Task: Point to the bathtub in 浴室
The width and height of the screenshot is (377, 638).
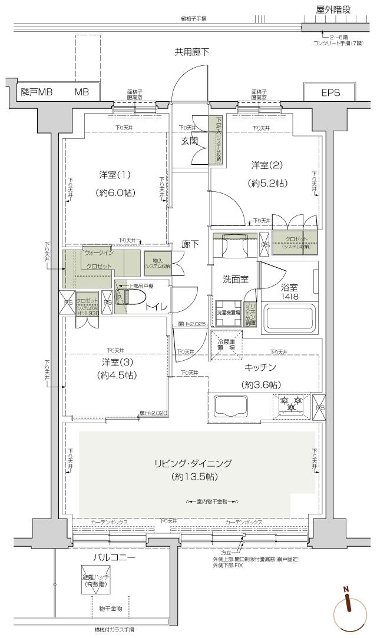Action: click(288, 318)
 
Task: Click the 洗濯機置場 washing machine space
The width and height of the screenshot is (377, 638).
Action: click(228, 312)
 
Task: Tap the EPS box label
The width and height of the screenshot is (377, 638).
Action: click(330, 93)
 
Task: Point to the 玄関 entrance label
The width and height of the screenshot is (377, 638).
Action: click(189, 141)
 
